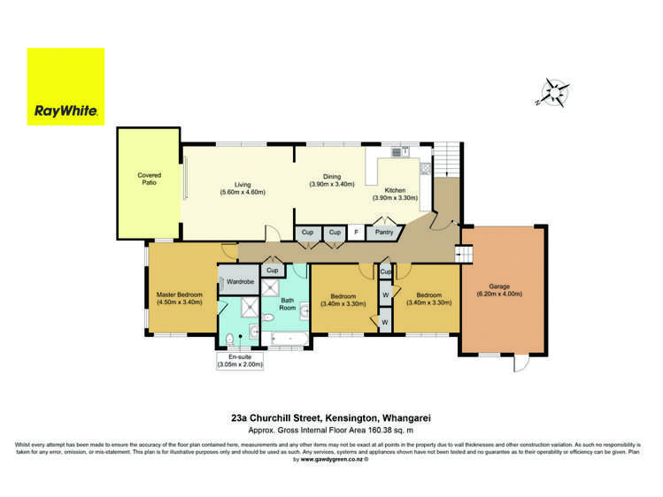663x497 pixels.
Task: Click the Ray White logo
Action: click(66, 86)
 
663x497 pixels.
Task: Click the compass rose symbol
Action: click(555, 91)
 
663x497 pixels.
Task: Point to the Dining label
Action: click(332, 175)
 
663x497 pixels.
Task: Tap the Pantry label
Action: click(384, 233)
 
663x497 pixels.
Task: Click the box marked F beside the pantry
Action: click(356, 233)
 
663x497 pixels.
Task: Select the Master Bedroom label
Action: click(180, 294)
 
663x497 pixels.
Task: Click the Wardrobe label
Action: click(241, 282)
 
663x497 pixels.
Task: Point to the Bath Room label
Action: click(288, 304)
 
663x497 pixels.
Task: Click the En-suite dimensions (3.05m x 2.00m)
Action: click(240, 364)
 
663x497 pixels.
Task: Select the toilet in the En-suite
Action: click(228, 339)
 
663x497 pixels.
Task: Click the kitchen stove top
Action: click(397, 152)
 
